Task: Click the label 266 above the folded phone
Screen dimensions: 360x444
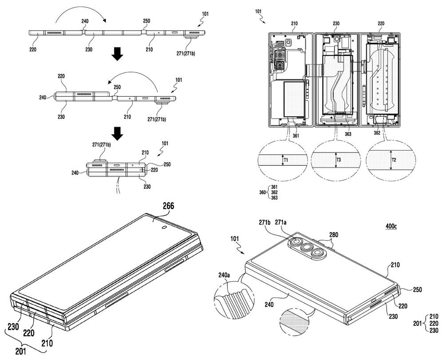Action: tap(168, 206)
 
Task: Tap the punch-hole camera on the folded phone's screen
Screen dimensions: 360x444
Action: tap(164, 227)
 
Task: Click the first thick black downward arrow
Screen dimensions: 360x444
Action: tap(117, 54)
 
